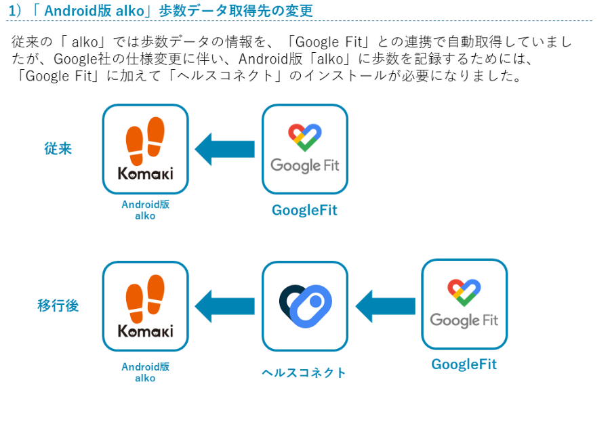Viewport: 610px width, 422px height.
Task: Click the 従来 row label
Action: pos(58,148)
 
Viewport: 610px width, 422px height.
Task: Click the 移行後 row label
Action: pos(58,305)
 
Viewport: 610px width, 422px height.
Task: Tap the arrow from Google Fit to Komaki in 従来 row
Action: pos(224,149)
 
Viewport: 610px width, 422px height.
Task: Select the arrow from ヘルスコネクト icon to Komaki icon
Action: pos(224,306)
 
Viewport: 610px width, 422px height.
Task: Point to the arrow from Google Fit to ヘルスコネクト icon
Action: pos(385,306)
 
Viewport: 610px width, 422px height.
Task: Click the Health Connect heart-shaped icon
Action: pos(306,305)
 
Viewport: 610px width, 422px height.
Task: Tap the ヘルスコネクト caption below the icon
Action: pos(304,373)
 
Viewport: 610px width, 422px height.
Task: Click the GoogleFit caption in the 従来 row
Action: pos(304,210)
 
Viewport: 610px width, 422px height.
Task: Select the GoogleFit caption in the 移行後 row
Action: pos(464,364)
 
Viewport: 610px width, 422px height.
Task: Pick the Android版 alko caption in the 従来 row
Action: pos(146,210)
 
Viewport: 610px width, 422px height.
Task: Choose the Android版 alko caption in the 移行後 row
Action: pos(146,373)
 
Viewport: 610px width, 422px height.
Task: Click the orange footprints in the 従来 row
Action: pos(145,141)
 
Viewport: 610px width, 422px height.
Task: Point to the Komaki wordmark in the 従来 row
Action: pos(146,173)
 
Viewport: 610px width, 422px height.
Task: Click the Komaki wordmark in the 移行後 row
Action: pos(146,331)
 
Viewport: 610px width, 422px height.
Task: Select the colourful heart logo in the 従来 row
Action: pos(305,138)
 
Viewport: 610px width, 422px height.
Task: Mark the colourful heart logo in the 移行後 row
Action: pos(464,293)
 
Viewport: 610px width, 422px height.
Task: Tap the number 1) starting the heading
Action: pos(15,11)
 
